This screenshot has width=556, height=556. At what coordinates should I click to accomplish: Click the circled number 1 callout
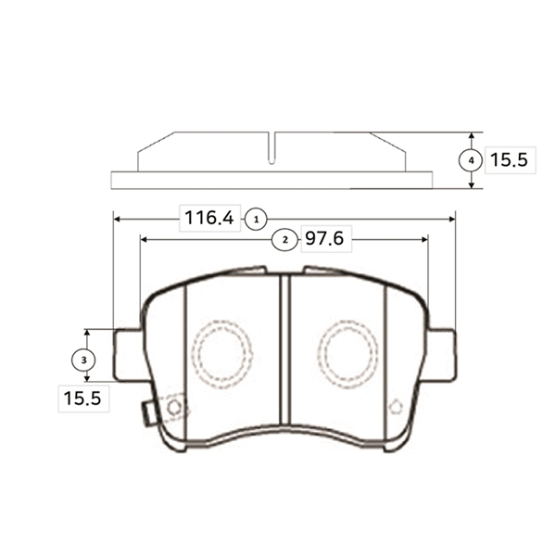pos(257,220)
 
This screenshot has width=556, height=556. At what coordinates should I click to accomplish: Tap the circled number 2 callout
pos(285,240)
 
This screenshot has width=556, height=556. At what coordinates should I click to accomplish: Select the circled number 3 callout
pos(83,360)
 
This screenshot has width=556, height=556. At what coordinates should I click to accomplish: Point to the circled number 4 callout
pos(471,160)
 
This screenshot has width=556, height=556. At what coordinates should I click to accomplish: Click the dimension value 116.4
pos(209,218)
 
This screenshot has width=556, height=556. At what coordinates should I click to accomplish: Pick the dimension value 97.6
pos(324,238)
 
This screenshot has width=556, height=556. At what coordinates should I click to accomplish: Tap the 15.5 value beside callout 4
pos(509,159)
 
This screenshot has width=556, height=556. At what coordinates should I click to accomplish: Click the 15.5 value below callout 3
pos(82,398)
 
